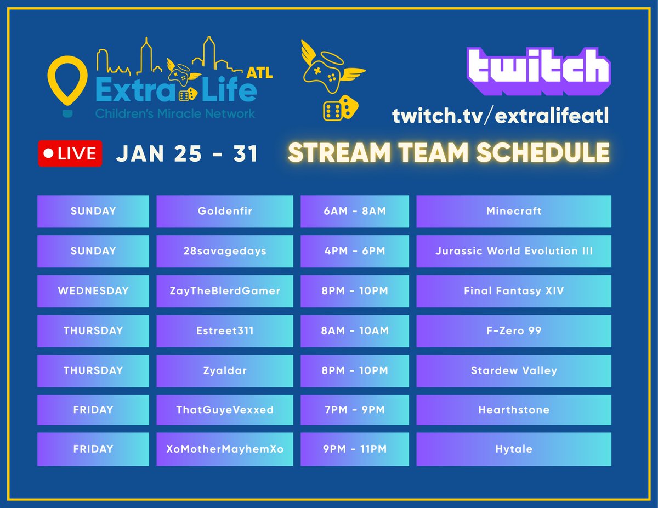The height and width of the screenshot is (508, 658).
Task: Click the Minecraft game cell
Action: point(514,211)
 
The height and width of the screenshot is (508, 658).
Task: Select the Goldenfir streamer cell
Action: point(224,211)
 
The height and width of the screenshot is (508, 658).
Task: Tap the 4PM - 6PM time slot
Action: point(354,251)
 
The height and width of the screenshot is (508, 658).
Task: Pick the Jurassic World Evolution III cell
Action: point(514,251)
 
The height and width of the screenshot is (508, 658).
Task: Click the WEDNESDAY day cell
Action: point(93,291)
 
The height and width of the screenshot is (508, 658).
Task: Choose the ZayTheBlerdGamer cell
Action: point(224,291)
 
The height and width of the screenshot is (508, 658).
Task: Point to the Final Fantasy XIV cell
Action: point(514,291)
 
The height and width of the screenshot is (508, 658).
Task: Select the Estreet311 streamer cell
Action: point(224,330)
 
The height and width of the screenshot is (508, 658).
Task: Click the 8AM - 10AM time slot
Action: point(354,330)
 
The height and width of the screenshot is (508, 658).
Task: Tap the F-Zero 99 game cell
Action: point(514,330)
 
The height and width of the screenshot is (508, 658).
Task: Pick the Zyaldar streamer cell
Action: point(224,370)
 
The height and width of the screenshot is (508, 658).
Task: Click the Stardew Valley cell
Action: point(514,370)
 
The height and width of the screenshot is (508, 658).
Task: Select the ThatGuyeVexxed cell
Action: point(224,410)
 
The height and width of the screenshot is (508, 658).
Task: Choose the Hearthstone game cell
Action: point(514,410)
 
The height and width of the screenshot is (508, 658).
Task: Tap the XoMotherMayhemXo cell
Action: point(224,449)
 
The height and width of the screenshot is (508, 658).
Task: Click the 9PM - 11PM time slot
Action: point(354,449)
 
